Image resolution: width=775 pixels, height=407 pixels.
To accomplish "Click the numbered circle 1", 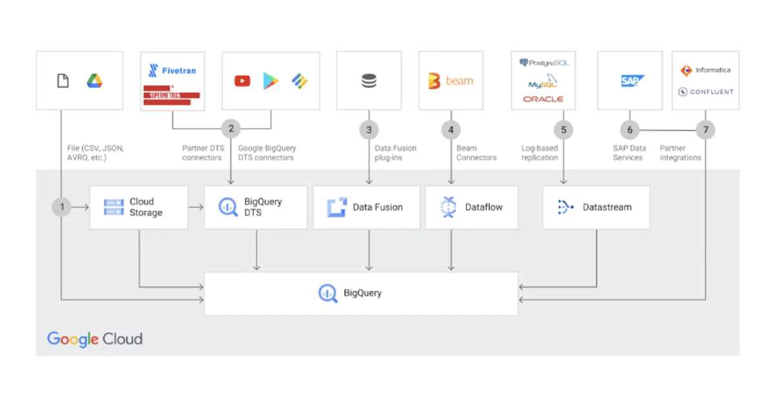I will pyautogui.click(x=62, y=207).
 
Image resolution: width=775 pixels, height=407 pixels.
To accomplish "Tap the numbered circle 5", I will pyautogui.click(x=563, y=130).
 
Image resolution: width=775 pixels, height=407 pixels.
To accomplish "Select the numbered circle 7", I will pyautogui.click(x=705, y=130).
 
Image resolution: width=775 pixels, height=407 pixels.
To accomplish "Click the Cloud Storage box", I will pyautogui.click(x=138, y=207).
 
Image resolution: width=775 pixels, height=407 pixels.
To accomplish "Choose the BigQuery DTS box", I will pyautogui.click(x=255, y=207).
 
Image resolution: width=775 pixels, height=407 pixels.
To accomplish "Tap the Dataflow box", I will pyautogui.click(x=471, y=207).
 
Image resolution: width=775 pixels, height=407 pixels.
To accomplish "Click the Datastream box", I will pyautogui.click(x=595, y=207).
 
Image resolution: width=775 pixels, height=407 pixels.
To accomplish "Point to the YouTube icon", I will pyautogui.click(x=242, y=81).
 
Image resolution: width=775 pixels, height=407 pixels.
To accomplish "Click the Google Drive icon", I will pyautogui.click(x=94, y=81).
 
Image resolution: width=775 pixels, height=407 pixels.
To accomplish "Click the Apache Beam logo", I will pyautogui.click(x=451, y=81).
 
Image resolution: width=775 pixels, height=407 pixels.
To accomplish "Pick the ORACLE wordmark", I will pyautogui.click(x=543, y=99).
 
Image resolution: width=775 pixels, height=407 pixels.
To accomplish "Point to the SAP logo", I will pyautogui.click(x=632, y=81).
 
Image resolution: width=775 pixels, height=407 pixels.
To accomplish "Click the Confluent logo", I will pyautogui.click(x=705, y=92).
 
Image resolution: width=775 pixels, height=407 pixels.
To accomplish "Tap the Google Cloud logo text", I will pyautogui.click(x=95, y=339).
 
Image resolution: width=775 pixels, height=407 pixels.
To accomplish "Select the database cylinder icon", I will pyautogui.click(x=369, y=81).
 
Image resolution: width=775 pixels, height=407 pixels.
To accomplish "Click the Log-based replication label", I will pyautogui.click(x=540, y=152).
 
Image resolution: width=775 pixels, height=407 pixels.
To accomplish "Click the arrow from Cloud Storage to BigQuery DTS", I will pyautogui.click(x=196, y=207).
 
